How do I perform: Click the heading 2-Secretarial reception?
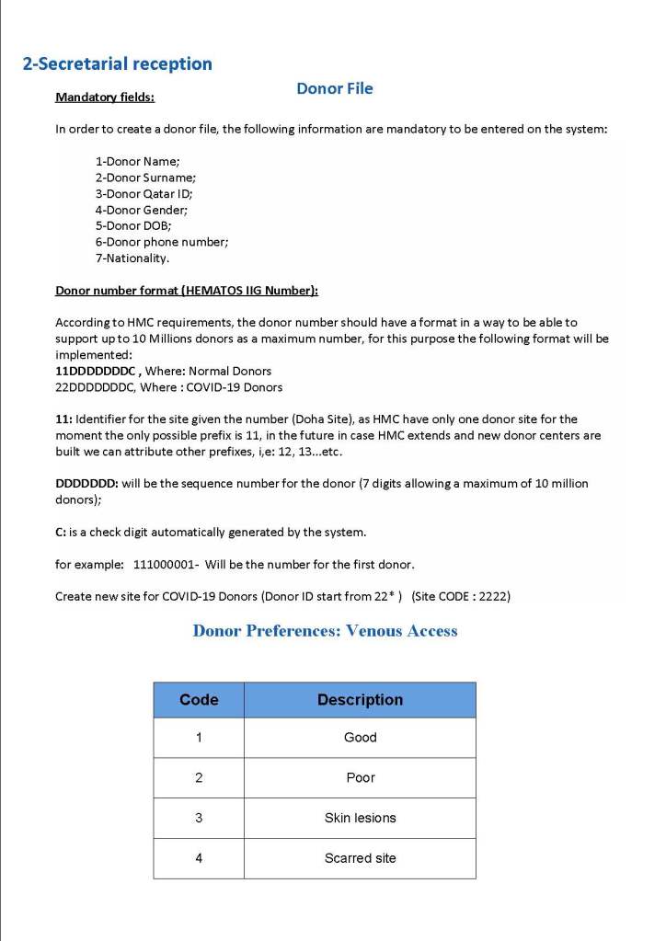[117, 64]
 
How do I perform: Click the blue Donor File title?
[334, 88]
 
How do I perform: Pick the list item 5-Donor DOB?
[133, 225]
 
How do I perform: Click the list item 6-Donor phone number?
[162, 242]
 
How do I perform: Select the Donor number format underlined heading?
[187, 291]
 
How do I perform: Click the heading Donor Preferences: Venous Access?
[325, 631]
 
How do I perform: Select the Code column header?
[199, 700]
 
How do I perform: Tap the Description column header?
[360, 700]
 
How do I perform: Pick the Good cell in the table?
[360, 738]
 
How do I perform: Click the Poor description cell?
[360, 778]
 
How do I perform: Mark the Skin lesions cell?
[360, 818]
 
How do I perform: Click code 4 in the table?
[199, 858]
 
